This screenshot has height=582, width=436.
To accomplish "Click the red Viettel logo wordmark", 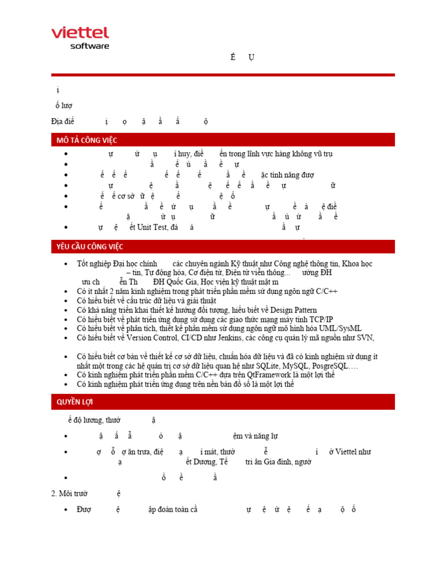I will [80, 34].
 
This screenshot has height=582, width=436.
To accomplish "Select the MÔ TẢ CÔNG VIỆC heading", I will [86, 140].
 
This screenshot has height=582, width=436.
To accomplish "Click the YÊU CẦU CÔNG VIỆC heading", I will [89, 247].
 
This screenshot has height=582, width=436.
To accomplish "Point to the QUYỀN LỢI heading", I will [75, 402].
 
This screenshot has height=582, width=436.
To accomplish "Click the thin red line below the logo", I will [223, 74].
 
